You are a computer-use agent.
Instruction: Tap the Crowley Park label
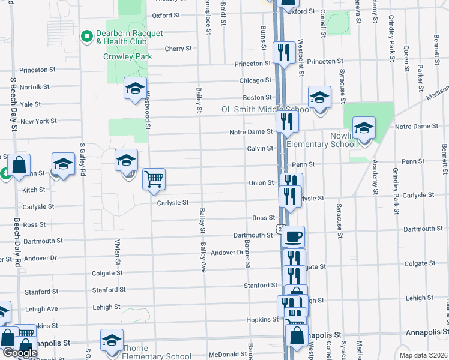point(128,57)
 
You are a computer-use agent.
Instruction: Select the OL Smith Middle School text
point(266,110)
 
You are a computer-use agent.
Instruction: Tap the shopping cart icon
point(154,178)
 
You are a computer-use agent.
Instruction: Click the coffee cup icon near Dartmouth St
point(293,236)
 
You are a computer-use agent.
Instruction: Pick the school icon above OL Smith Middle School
point(320,97)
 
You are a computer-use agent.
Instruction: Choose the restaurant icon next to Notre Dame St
point(288,122)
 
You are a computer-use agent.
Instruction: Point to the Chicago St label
point(256,80)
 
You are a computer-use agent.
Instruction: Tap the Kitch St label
point(34,190)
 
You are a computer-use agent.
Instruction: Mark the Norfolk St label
point(34,87)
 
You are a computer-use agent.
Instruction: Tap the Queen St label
point(406,58)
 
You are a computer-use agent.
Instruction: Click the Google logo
point(19,353)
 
